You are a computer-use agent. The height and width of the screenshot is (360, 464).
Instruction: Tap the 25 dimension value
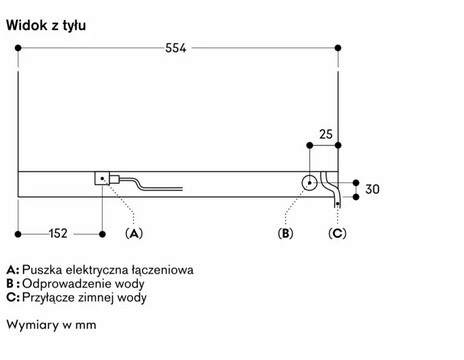(325, 133)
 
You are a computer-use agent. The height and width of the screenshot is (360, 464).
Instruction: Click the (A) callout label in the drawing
(133, 234)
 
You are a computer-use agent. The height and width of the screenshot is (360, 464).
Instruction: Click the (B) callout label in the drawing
(286, 234)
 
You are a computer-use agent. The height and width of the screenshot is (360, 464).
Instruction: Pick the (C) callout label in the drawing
(338, 234)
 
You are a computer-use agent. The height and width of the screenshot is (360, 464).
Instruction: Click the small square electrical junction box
(101, 180)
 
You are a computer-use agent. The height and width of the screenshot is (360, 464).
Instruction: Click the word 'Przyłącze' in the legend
(48, 297)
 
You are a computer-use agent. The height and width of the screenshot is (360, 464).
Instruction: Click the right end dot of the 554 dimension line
(338, 48)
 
